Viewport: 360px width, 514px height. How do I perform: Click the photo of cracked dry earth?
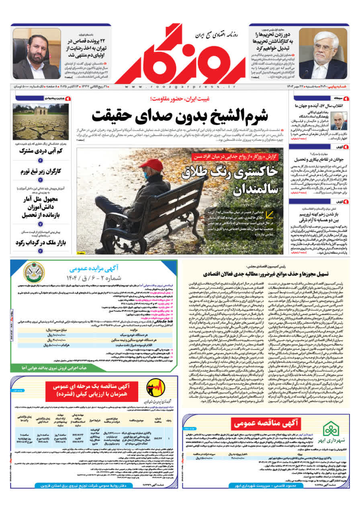[x=41, y=122]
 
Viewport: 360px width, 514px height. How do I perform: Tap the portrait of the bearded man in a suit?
[x=37, y=53]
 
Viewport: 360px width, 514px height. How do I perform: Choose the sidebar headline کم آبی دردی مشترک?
[x=40, y=151]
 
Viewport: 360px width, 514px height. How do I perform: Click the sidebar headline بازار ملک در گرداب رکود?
[x=40, y=243]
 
